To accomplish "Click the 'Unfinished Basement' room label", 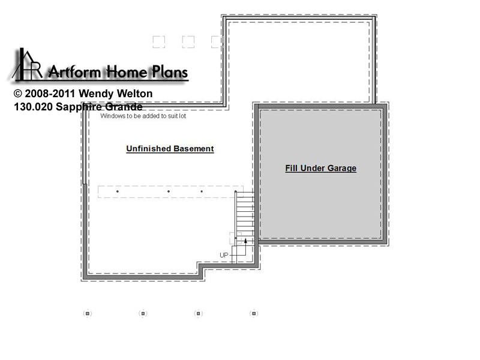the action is (170, 149).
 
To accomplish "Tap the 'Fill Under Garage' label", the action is (321, 169).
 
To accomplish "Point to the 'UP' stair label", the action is (224, 255).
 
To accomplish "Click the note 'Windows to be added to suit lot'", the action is (143, 116).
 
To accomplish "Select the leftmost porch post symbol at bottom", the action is (88, 313).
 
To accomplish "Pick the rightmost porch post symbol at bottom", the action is (254, 313).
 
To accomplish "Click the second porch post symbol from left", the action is (143, 313).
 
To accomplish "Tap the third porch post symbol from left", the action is (199, 313).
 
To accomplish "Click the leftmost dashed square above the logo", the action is (159, 42).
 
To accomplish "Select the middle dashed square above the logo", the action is (188, 42).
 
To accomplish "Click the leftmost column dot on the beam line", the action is (118, 191).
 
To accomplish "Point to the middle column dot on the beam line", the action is (169, 191).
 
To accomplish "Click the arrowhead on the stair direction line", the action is (245, 241).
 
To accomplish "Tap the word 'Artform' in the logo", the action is (74, 72).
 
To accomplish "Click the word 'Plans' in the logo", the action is (170, 72).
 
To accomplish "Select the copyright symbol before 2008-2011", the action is (18, 94).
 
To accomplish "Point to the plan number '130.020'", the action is (34, 107).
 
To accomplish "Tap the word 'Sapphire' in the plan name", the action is (79, 107).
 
